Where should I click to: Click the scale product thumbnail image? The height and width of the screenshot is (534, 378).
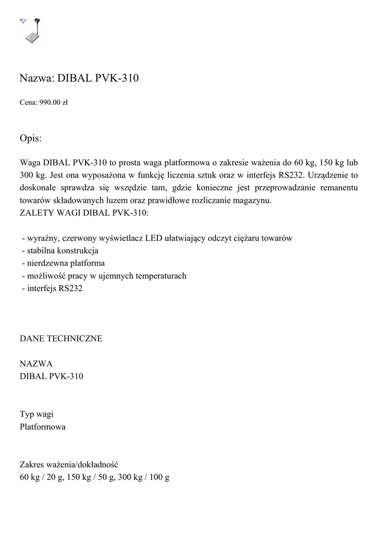pyautogui.click(x=33, y=31)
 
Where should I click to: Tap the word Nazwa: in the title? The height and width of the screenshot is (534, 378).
pyautogui.click(x=35, y=79)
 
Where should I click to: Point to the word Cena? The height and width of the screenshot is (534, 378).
pyautogui.click(x=28, y=103)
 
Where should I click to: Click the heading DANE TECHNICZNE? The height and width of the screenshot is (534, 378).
pyautogui.click(x=61, y=338)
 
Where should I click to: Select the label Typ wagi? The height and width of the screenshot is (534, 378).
pyautogui.click(x=36, y=415)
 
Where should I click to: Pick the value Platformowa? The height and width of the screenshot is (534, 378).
pyautogui.click(x=43, y=427)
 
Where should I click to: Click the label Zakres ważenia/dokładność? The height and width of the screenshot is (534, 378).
pyautogui.click(x=70, y=464)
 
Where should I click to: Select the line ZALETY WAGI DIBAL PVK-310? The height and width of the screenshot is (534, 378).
pyautogui.click(x=84, y=213)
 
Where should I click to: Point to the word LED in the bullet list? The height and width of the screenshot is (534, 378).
pyautogui.click(x=154, y=238)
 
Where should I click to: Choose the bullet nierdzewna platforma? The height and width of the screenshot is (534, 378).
pyautogui.click(x=64, y=263)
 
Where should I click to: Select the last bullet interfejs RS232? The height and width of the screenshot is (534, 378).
pyautogui.click(x=52, y=288)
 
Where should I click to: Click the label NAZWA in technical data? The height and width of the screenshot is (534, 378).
pyautogui.click(x=36, y=363)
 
